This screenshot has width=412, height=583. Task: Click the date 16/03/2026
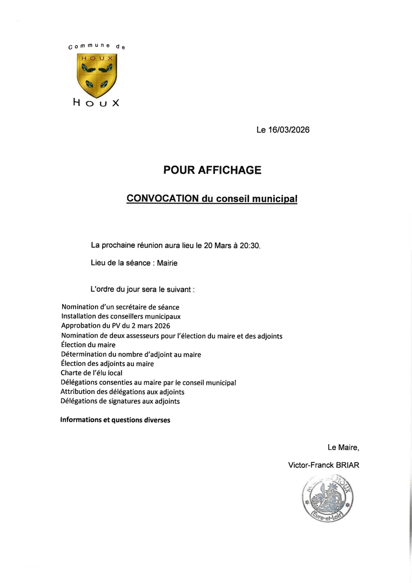pyautogui.click(x=289, y=130)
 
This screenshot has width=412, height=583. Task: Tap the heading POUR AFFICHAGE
pyautogui.click(x=212, y=170)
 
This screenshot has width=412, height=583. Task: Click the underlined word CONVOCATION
pyautogui.click(x=163, y=199)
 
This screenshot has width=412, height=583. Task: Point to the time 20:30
pyautogui.click(x=250, y=246)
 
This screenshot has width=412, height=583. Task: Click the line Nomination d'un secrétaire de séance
pyautogui.click(x=120, y=307)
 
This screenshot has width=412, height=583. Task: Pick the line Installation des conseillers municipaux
pyautogui.click(x=120, y=316)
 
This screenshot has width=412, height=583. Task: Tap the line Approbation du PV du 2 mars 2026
pyautogui.click(x=116, y=326)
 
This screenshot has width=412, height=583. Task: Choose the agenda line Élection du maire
pyautogui.click(x=88, y=344)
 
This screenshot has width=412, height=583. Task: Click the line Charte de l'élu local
pyautogui.click(x=91, y=372)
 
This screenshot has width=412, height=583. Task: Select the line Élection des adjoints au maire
pyautogui.click(x=107, y=363)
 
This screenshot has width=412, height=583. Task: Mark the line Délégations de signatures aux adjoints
pyautogui.click(x=120, y=401)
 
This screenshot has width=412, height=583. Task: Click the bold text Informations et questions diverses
pyautogui.click(x=115, y=420)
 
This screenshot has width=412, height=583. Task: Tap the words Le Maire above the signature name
pyautogui.click(x=343, y=448)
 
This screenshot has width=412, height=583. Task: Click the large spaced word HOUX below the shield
pyautogui.click(x=96, y=103)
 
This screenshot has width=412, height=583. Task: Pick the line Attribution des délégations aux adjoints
pyautogui.click(x=122, y=391)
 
